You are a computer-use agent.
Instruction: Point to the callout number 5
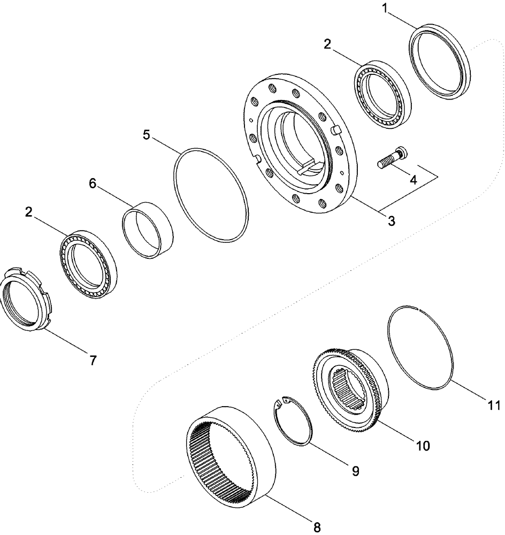[147, 134]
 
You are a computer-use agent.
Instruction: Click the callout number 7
[93, 361]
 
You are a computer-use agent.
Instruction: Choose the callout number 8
[317, 527]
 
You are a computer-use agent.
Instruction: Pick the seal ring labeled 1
[440, 64]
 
